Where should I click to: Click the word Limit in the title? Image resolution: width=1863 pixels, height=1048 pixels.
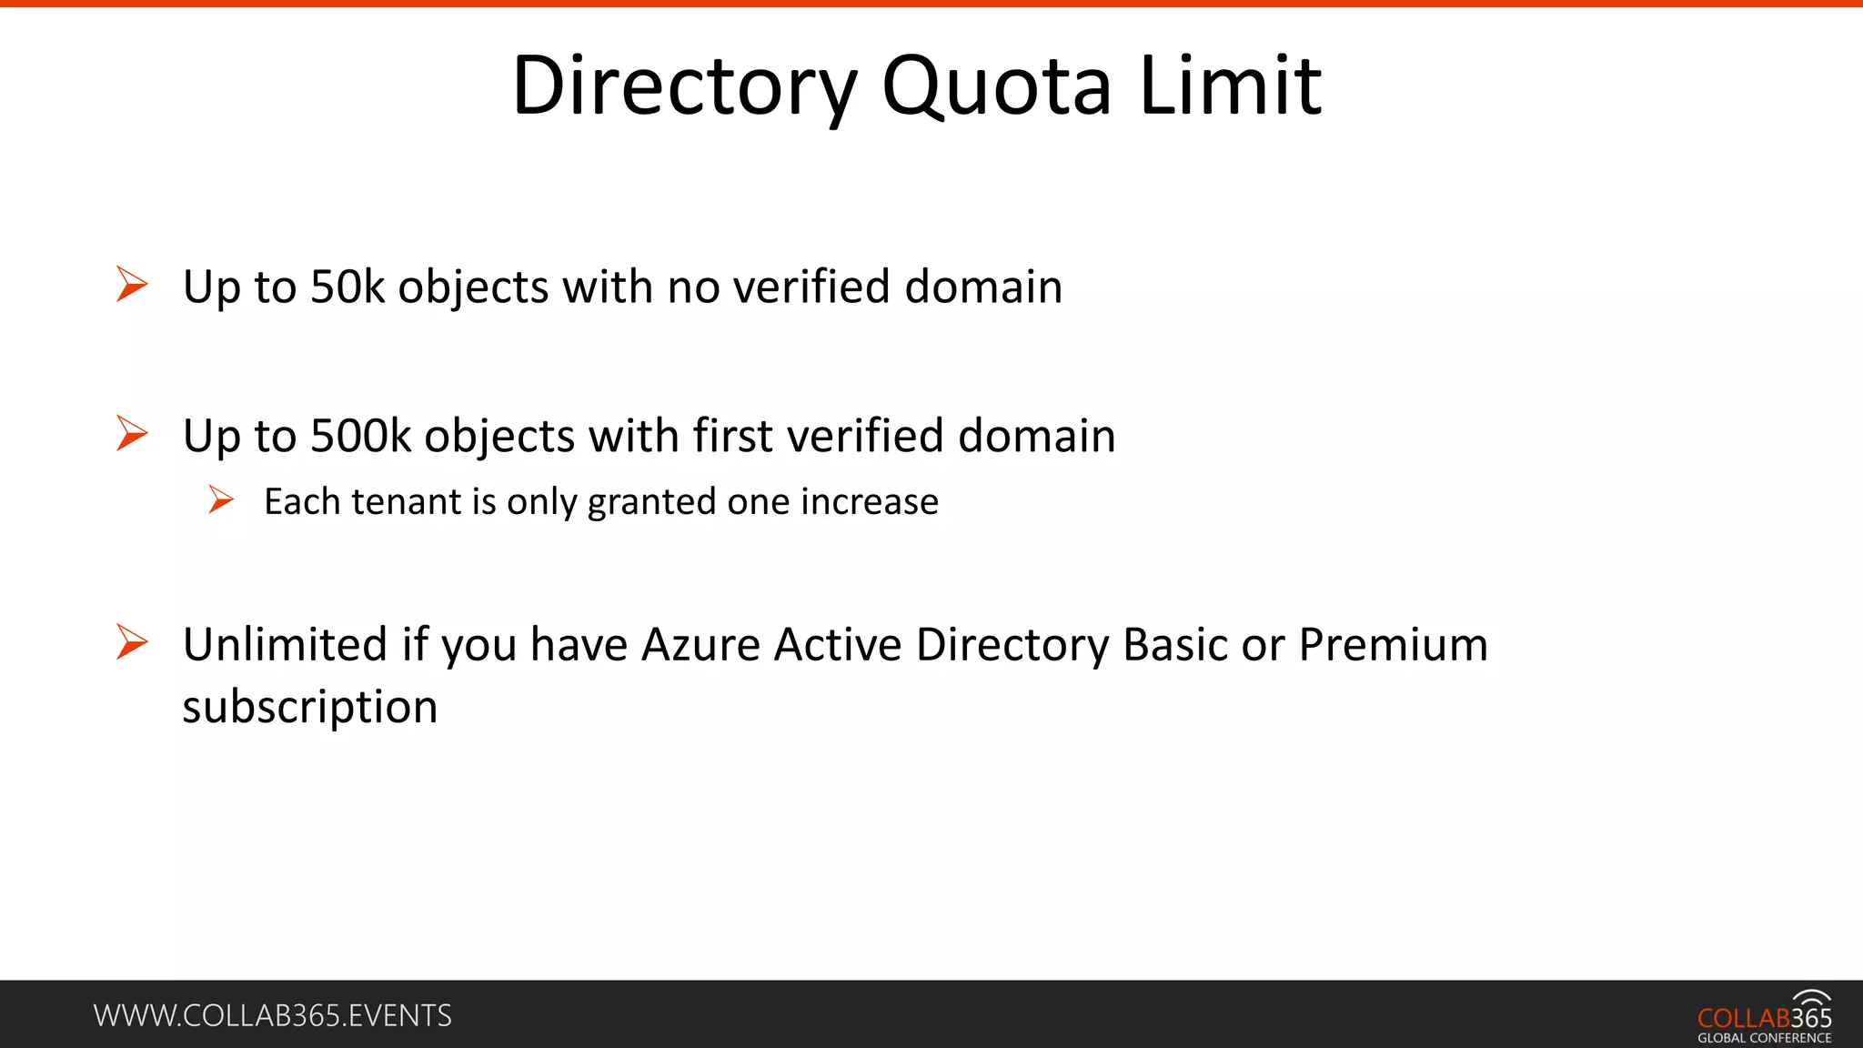pyautogui.click(x=1230, y=86)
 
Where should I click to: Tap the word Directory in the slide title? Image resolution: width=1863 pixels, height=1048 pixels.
pyautogui.click(x=684, y=86)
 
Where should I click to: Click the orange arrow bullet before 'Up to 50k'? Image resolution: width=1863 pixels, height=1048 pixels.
pyautogui.click(x=132, y=284)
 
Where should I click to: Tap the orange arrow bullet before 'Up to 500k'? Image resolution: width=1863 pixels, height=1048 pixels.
pyautogui.click(x=132, y=433)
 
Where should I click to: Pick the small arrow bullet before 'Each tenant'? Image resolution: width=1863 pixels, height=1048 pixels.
pyautogui.click(x=220, y=499)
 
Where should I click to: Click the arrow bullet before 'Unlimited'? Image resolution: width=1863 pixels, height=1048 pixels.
pyautogui.click(x=132, y=642)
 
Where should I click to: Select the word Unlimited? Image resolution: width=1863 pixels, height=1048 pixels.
pyautogui.click(x=286, y=645)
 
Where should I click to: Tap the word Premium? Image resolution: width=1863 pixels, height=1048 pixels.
pyautogui.click(x=1393, y=645)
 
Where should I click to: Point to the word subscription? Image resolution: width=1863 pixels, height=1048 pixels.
pyautogui.click(x=310, y=708)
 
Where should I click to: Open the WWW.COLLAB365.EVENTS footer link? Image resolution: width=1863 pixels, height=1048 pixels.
pyautogui.click(x=272, y=1015)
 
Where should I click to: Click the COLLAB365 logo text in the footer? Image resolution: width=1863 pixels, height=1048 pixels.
pyautogui.click(x=1764, y=1017)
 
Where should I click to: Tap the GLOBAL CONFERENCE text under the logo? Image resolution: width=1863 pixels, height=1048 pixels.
pyautogui.click(x=1764, y=1038)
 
